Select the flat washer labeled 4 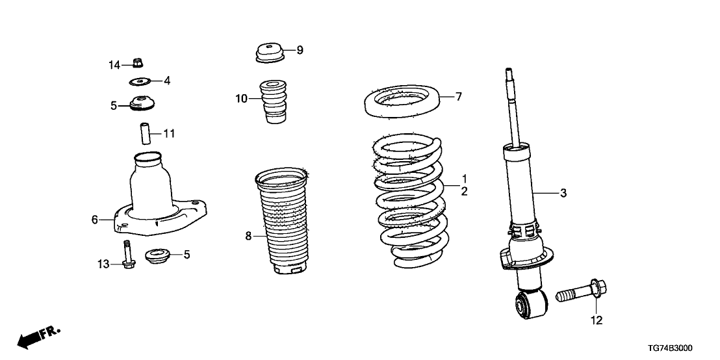pos(140,82)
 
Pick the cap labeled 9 pos(270,53)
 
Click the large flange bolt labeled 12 pos(582,291)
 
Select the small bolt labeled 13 pos(127,254)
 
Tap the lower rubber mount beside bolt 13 pos(157,255)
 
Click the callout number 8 pos(248,237)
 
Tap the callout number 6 pos(95,220)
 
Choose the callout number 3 pos(563,193)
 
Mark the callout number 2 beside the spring pos(464,192)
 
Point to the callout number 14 pos(114,65)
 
